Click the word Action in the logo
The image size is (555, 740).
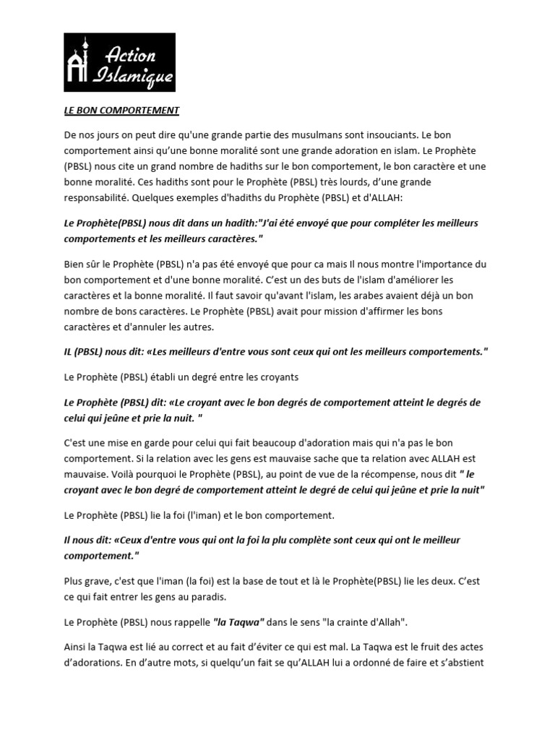coord(131,54)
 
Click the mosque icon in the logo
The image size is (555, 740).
coord(79,62)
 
